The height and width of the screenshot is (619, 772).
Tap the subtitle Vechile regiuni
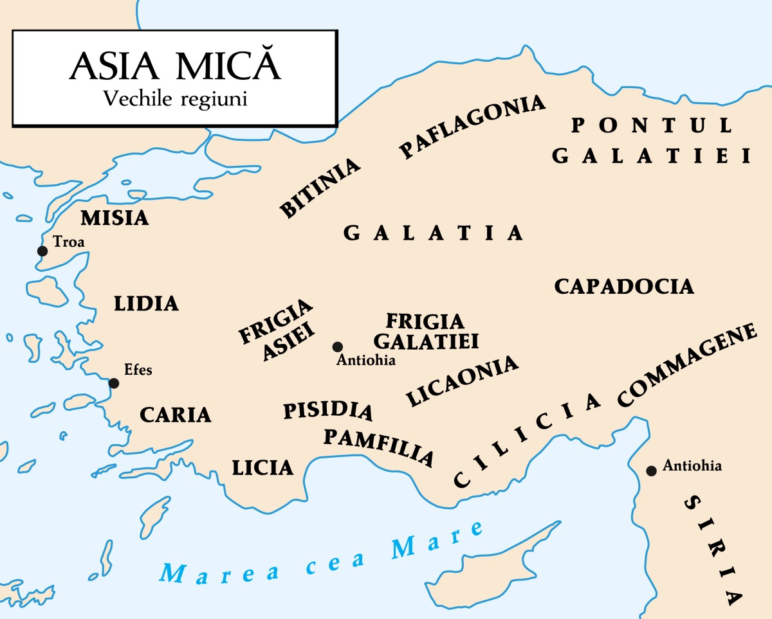175,100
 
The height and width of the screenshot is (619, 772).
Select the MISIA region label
115,219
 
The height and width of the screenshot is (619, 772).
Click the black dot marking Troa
42,251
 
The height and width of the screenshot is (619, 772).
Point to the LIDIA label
146,303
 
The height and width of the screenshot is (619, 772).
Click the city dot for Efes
114,384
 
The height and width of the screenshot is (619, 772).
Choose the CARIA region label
176,415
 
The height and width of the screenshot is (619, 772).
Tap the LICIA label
262,468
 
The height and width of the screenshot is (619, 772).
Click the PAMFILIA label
378,446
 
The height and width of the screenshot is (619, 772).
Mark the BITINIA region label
320,187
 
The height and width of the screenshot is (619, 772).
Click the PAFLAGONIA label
472,126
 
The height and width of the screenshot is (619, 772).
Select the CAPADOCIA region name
624,287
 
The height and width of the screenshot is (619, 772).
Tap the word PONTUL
652,125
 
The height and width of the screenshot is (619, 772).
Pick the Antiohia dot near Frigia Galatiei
337,347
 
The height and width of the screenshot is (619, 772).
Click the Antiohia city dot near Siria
651,471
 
